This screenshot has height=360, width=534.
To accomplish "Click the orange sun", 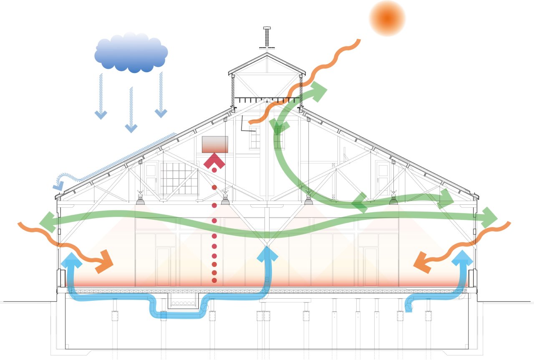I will pos(387,18).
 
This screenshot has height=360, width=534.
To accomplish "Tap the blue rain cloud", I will pos(131,53).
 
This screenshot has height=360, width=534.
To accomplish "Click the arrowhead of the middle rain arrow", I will pos(131,128).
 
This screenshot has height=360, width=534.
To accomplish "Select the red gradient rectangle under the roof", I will pos(215,144).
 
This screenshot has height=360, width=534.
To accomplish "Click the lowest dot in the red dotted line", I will pos(214,280).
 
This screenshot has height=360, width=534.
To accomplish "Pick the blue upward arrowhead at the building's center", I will pos(267,253).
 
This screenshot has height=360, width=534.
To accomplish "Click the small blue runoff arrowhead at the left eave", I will pos(58,184).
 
